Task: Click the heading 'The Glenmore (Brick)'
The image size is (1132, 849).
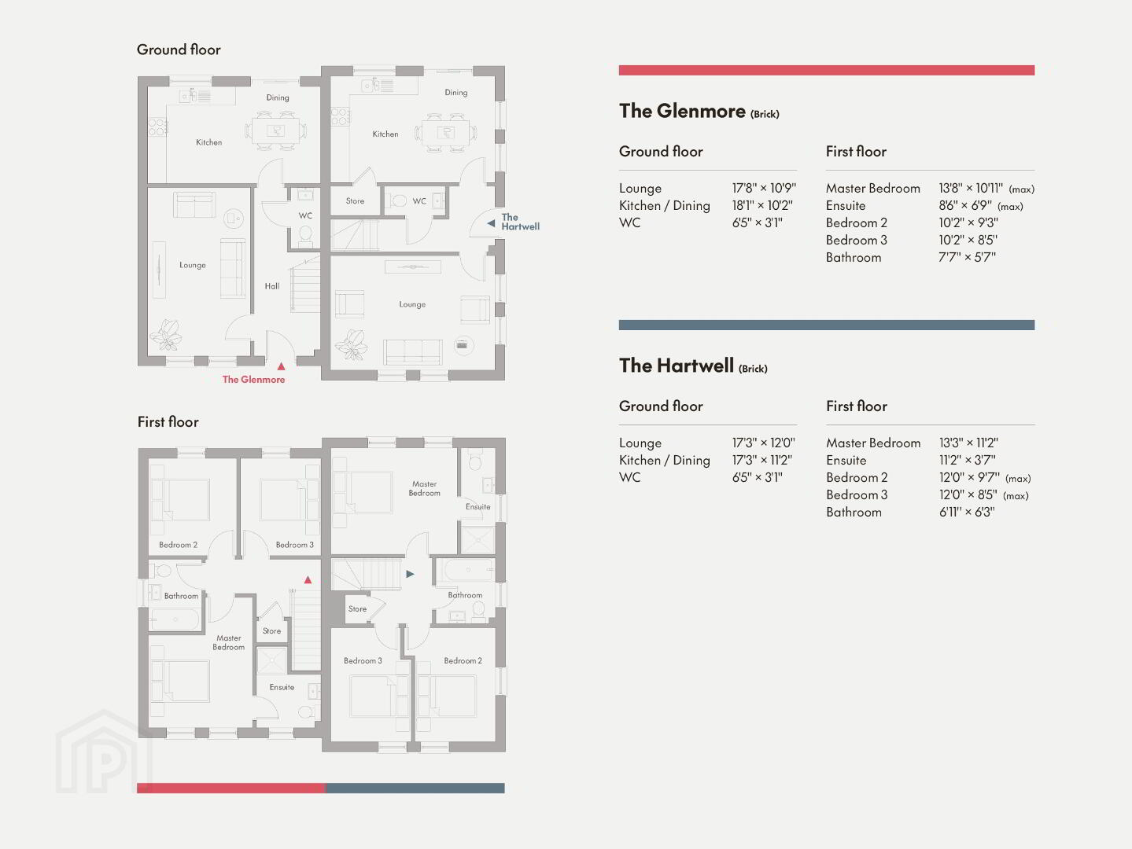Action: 699,112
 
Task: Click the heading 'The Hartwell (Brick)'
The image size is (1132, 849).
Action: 693,366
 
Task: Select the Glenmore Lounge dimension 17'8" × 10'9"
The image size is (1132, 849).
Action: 764,188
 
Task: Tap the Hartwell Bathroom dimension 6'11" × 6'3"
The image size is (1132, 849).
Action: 967,512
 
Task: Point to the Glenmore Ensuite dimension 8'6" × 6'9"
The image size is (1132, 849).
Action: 965,205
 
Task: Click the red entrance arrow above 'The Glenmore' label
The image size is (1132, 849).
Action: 281,366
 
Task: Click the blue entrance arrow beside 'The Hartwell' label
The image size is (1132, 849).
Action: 491,223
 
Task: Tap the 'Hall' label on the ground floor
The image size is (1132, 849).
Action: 271,286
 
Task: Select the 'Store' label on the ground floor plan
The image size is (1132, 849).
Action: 355,201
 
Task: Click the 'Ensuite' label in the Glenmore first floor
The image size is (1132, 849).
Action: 282,687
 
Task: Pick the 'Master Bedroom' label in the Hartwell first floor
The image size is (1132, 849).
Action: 425,488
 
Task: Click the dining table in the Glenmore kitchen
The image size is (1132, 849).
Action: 275,130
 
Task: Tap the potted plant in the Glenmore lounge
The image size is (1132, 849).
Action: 166,335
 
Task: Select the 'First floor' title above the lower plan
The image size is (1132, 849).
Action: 168,422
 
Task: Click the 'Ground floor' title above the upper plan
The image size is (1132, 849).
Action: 179,50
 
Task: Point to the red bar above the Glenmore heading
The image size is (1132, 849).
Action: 827,70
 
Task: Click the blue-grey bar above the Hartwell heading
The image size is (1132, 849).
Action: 827,325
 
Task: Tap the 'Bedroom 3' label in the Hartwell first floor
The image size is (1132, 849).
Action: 363,660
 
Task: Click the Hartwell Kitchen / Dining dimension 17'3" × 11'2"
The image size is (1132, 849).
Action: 762,460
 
